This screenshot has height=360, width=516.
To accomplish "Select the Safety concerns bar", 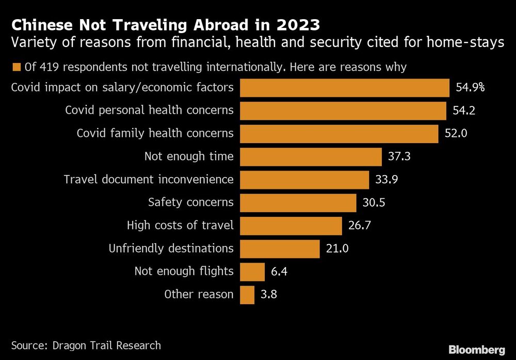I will (298, 202).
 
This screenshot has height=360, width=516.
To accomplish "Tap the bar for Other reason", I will (248, 295).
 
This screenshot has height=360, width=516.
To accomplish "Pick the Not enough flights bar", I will (252, 272).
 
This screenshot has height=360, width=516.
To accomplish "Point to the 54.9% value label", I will (470, 87).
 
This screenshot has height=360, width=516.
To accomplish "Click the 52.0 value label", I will (456, 133).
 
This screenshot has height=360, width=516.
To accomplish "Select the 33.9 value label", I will (387, 180).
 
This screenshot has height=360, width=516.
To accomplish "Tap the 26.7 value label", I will (360, 226).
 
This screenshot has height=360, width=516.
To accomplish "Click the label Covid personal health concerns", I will (149, 110).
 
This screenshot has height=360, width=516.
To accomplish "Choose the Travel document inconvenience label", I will (149, 180).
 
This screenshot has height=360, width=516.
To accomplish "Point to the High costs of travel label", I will (180, 226).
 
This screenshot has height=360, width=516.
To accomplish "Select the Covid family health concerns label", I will (155, 133).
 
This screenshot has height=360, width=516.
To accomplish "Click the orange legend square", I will (16, 67).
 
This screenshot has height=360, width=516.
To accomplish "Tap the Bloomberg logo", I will (477, 350).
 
